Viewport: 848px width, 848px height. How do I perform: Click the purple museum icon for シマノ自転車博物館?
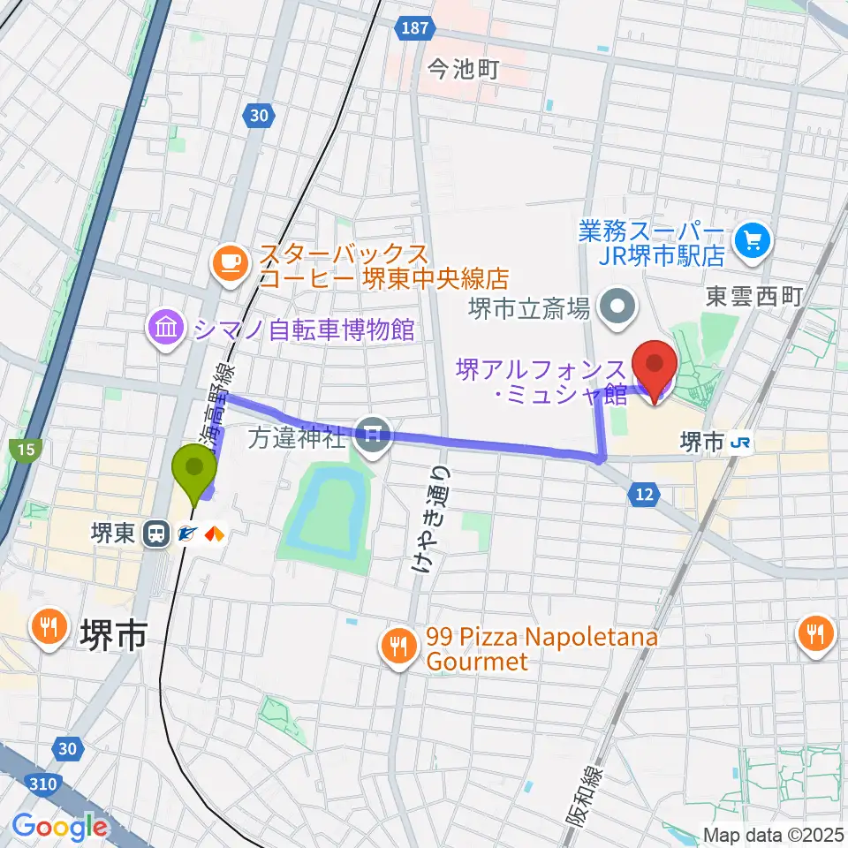166,330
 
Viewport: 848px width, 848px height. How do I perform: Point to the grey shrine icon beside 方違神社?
375,435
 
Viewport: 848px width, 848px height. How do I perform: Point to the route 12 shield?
644,496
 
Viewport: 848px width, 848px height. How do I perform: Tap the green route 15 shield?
24,450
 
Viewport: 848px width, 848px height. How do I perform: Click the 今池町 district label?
465,70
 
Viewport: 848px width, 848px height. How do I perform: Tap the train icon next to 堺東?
156,534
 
